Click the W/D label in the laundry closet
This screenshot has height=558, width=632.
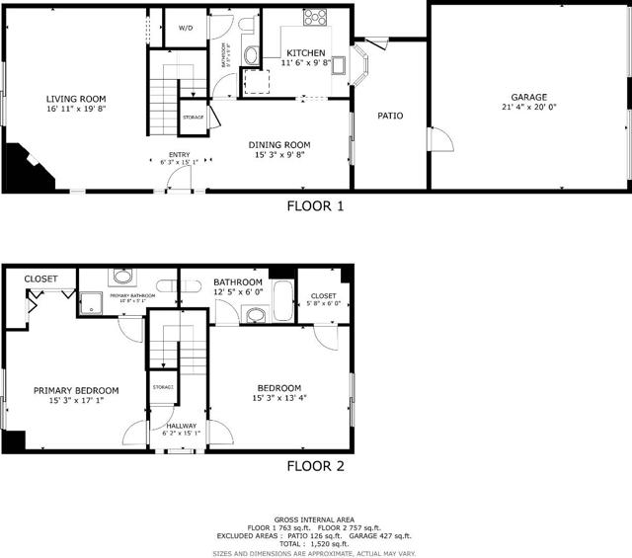tap(186, 28)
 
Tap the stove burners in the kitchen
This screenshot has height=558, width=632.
tap(316, 17)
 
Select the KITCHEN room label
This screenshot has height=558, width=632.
tap(306, 52)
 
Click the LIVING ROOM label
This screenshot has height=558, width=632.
tap(75, 98)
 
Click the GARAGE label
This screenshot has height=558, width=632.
tap(528, 98)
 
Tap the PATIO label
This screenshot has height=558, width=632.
tap(390, 116)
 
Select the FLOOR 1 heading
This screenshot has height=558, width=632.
tap(315, 206)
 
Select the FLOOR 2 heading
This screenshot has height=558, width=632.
tap(315, 466)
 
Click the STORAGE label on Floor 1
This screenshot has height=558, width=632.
tap(193, 118)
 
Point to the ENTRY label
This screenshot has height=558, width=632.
tap(179, 155)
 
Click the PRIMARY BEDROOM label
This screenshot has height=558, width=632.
tap(76, 390)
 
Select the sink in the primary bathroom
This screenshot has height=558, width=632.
tap(122, 277)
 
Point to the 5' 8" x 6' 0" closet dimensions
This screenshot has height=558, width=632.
tap(323, 304)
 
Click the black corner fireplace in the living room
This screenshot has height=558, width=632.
tap(22, 165)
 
